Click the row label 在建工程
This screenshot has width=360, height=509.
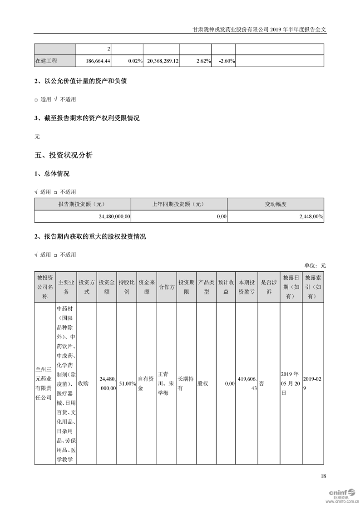click(46, 61)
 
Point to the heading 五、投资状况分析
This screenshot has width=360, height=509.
click(64, 155)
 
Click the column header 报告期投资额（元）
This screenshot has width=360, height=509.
click(82, 204)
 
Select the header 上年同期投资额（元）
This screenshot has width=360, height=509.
click(179, 204)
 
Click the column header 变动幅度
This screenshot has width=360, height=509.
click(276, 204)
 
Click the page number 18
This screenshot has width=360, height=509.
click(323, 476)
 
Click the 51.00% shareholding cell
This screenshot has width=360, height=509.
click(127, 383)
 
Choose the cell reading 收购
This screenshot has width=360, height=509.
click(83, 383)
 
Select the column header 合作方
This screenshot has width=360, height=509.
click(167, 287)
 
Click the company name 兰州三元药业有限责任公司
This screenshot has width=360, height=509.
click(44, 383)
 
